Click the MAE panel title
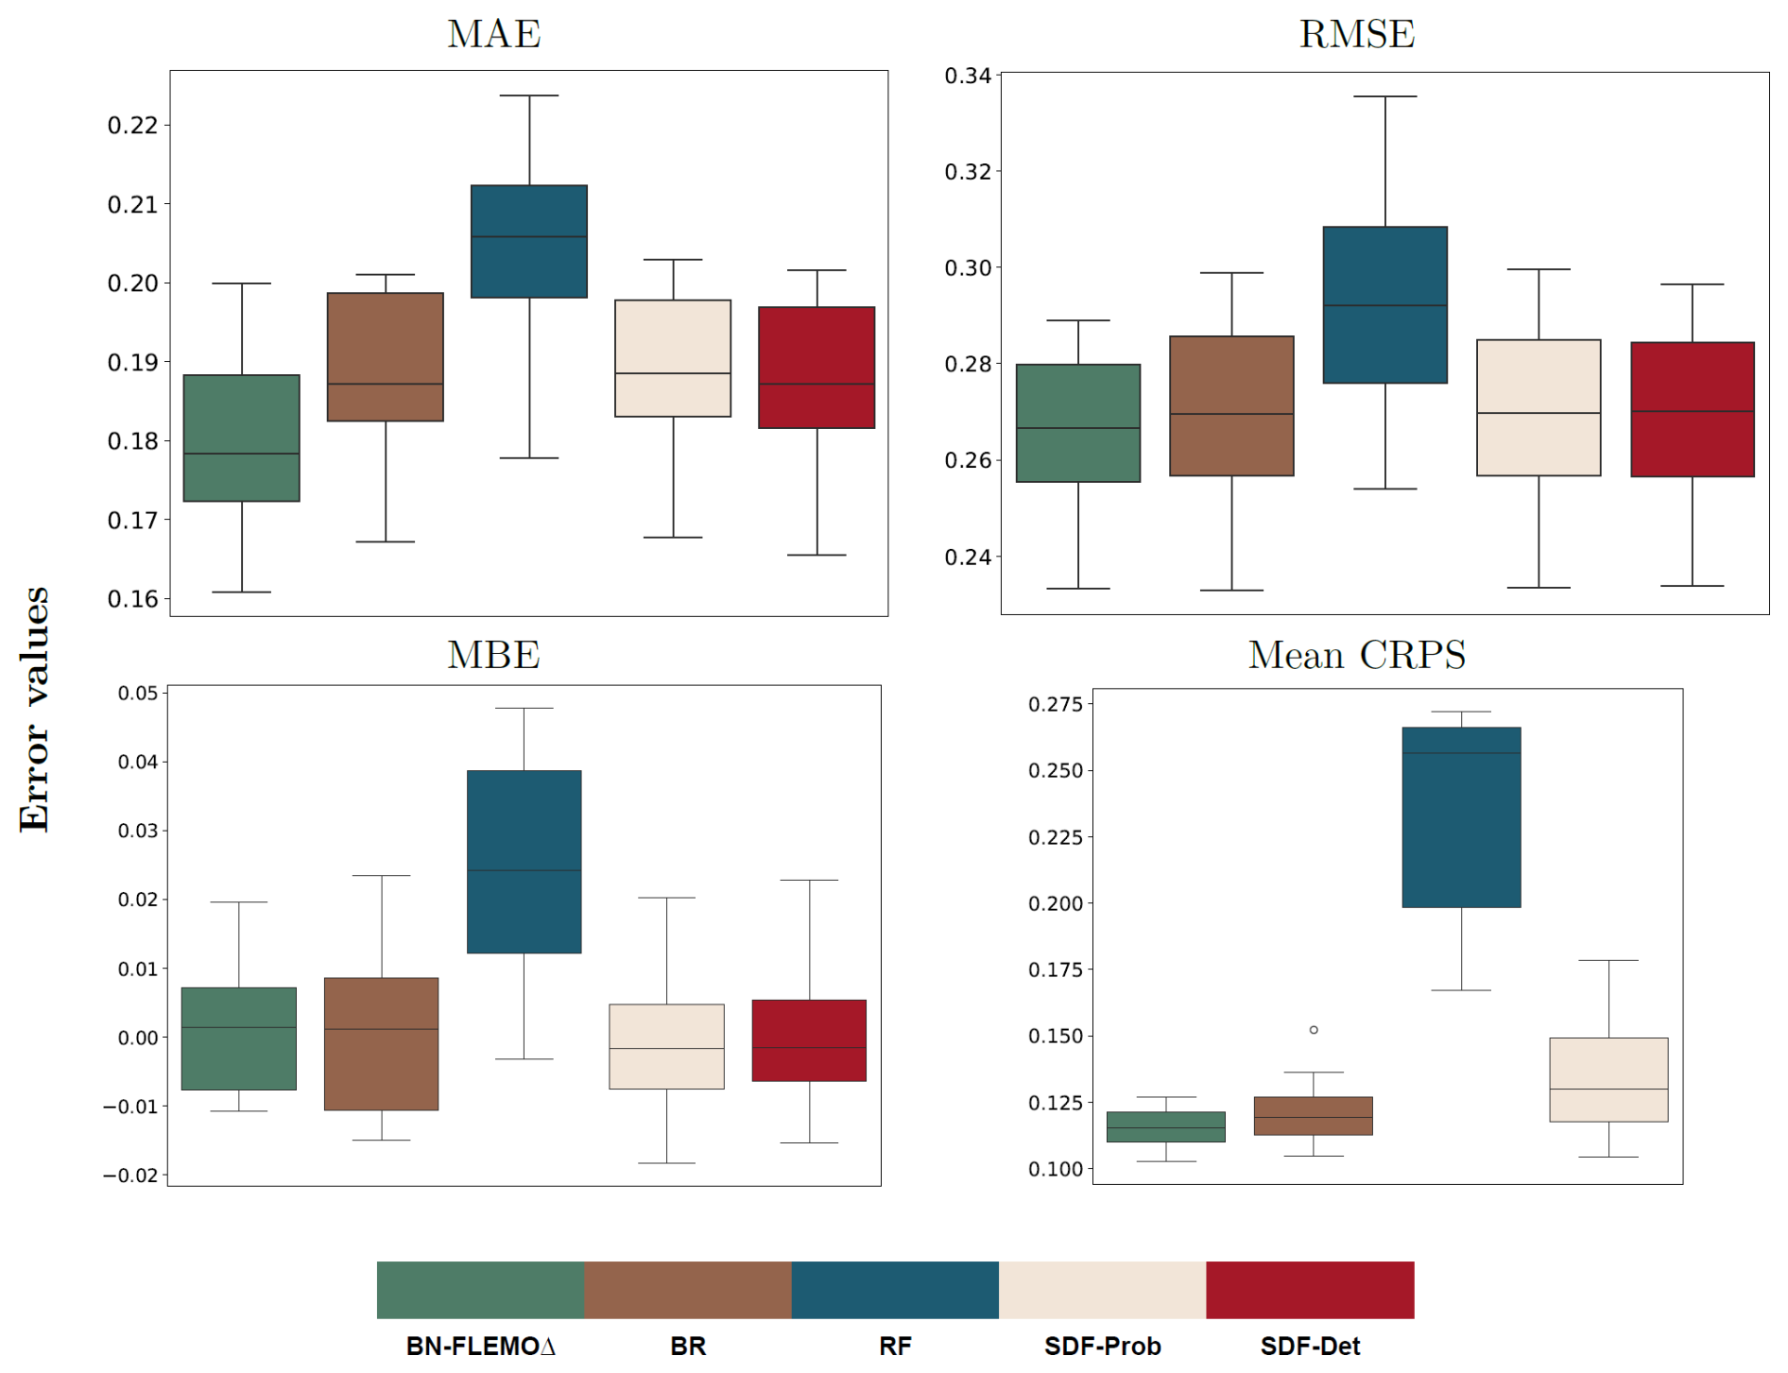tap(493, 35)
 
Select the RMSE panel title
tap(1356, 35)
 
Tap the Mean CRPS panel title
tap(1356, 655)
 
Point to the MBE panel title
tap(493, 655)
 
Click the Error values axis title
tap(35, 709)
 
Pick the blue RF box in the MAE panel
tap(529, 241)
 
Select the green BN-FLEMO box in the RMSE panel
tap(1078, 422)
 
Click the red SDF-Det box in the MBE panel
tap(809, 1039)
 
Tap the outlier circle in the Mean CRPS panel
tap(1314, 1030)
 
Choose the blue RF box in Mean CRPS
tap(1461, 816)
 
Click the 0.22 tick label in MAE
tap(132, 126)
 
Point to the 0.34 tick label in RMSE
tap(968, 76)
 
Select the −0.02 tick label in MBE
tap(130, 1176)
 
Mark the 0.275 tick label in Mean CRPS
tap(1055, 704)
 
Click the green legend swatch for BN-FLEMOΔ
tap(480, 1289)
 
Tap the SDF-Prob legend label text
tap(1102, 1346)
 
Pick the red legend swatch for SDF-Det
tap(1310, 1289)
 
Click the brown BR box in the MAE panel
tap(386, 356)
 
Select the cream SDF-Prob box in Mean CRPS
tap(1608, 1079)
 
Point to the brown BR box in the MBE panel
tap(381, 1043)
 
